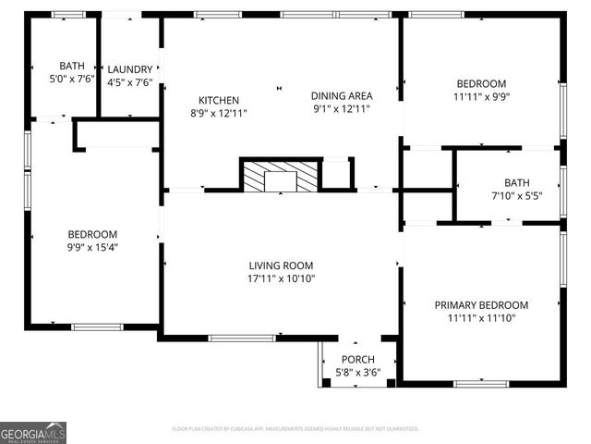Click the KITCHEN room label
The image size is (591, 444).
coord(219,100)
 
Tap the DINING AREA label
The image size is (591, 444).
coord(341,95)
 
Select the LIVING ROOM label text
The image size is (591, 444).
coord(282,265)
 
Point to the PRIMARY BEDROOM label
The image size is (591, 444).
coord(481,305)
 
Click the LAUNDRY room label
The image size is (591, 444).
coord(129,69)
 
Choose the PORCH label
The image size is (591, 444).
coord(357,361)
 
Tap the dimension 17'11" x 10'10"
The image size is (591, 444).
coord(282,277)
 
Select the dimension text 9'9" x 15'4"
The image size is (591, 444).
coord(91,247)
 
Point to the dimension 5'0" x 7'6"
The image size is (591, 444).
coord(71,79)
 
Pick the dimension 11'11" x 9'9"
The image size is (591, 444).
coord(481,95)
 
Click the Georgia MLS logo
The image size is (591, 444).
coord(33,432)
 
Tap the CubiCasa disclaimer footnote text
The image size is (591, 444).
coord(295,429)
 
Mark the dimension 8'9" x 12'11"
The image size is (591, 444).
coord(219,113)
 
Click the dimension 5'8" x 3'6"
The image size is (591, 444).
coord(357,374)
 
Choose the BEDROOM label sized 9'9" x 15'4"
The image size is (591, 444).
coord(91,234)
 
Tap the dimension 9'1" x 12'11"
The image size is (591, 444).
coord(341,108)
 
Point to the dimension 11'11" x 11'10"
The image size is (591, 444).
coord(481,318)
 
